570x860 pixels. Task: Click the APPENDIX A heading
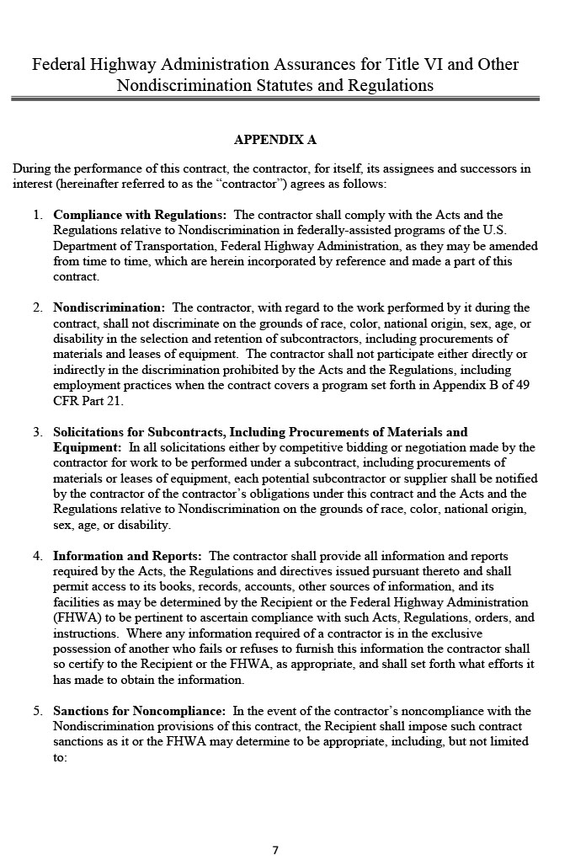tap(274, 139)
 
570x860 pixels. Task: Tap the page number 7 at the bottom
tap(274, 850)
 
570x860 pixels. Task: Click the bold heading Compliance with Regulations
tap(139, 215)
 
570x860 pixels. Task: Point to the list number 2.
tap(38, 307)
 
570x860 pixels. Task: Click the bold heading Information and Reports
tap(127, 556)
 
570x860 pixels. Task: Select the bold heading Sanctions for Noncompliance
tap(139, 711)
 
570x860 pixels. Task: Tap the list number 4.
tap(38, 556)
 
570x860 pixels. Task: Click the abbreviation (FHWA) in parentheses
tap(77, 617)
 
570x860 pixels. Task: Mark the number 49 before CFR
tap(521, 385)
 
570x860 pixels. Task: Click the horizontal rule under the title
tap(274, 99)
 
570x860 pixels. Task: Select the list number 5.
tap(38, 711)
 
